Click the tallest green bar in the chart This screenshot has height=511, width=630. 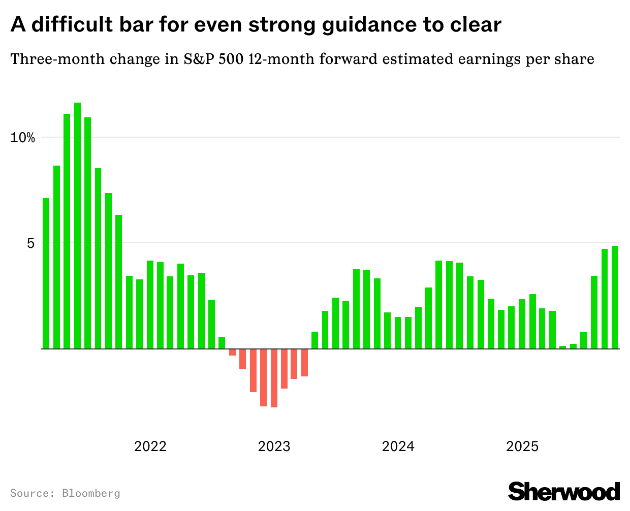(x=77, y=226)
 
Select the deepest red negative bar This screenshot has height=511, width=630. (x=274, y=378)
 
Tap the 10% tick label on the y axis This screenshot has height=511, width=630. (x=22, y=138)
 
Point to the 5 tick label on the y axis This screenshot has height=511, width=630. (x=30, y=243)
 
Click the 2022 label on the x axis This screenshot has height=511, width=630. (x=150, y=446)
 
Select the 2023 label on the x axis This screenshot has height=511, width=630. (x=274, y=446)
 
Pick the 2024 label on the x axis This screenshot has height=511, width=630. (x=398, y=446)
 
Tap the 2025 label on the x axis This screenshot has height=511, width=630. (x=522, y=446)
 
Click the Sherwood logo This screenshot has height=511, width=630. (x=564, y=491)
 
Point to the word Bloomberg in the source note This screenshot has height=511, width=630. (x=91, y=493)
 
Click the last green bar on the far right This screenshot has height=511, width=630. (x=615, y=297)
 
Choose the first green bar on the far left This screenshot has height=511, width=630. (x=46, y=273)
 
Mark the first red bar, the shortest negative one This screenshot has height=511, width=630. (x=232, y=352)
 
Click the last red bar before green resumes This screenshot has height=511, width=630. (x=304, y=363)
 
